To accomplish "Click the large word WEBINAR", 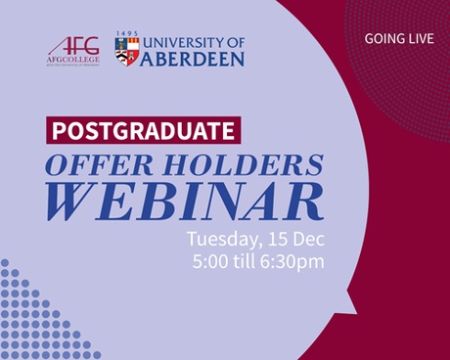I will click(185, 202).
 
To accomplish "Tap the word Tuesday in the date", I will click(221, 239).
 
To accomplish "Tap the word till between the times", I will click(250, 261).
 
